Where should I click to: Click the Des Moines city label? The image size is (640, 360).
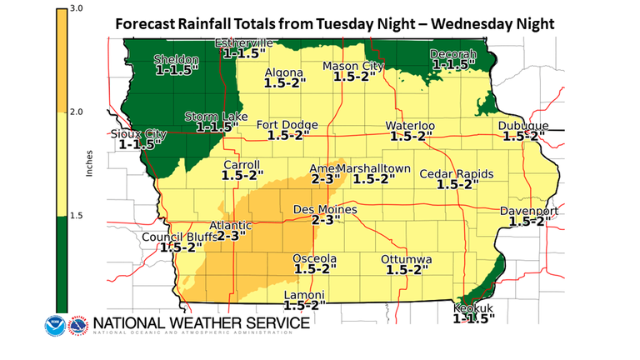pyautogui.click(x=326, y=210)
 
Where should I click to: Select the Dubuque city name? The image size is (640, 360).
pyautogui.click(x=524, y=125)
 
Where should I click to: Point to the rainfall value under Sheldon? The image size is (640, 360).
pyautogui.click(x=175, y=71)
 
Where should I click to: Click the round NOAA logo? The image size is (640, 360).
pyautogui.click(x=57, y=324)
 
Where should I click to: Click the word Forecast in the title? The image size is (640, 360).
pyautogui.click(x=149, y=22)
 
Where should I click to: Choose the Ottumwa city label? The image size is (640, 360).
pyautogui.click(x=407, y=260)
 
